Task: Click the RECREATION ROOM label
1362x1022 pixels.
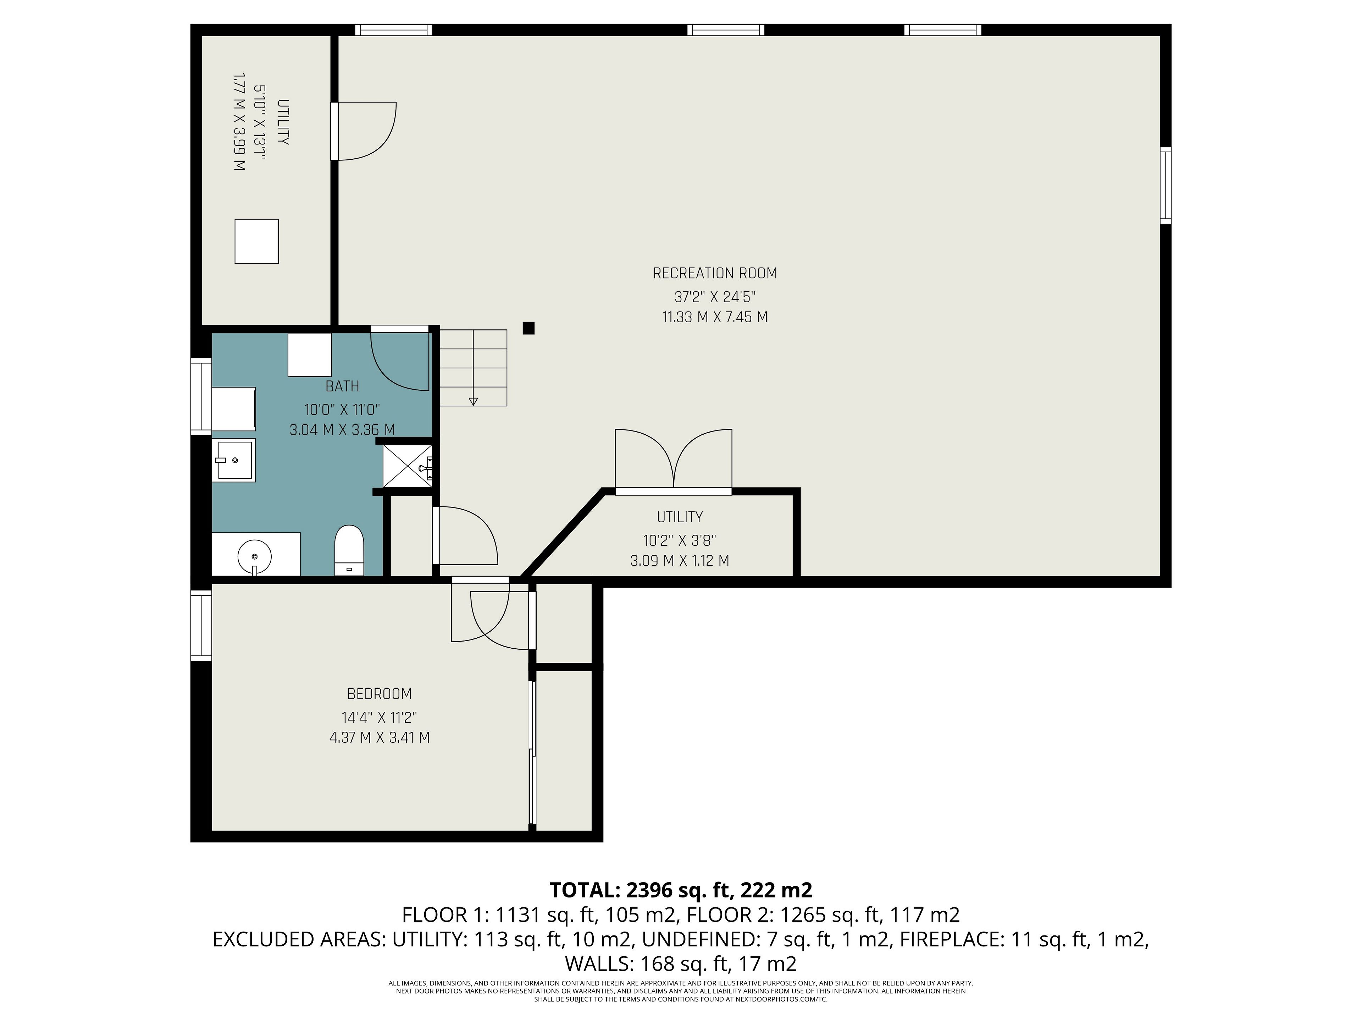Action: click(715, 273)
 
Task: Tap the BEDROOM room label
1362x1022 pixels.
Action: click(379, 694)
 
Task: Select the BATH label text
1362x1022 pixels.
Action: click(342, 386)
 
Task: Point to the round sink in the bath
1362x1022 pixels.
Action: click(254, 557)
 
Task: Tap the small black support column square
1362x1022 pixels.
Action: click(528, 328)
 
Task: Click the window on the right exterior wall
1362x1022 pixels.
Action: click(1165, 185)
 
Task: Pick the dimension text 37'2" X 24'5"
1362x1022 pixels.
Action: click(715, 297)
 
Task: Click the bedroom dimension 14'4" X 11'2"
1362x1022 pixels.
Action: click(379, 717)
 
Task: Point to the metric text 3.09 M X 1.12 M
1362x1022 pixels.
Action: click(680, 561)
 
